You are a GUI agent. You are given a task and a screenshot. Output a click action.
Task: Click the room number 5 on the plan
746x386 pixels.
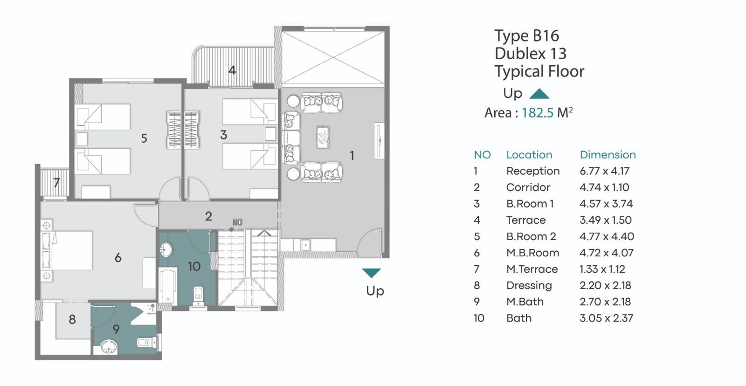coord(144,138)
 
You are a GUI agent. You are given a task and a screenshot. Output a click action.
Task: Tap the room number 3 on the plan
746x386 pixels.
coord(224,135)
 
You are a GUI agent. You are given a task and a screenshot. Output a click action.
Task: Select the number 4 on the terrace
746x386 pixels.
coord(232,70)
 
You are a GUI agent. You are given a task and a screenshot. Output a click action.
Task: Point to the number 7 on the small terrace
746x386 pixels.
coord(56,182)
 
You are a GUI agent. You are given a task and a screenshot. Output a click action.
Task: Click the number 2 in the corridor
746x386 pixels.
coord(208,216)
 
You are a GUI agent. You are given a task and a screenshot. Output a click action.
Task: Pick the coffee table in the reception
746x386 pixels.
coord(323,137)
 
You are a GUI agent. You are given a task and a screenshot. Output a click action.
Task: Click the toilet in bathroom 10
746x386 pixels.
coord(199,296)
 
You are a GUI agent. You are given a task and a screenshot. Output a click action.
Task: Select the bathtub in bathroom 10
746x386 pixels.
coord(168,286)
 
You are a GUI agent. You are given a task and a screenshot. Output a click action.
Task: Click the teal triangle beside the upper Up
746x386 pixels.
coord(539,94)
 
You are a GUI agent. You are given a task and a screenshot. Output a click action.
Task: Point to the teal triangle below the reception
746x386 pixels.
coord(371,273)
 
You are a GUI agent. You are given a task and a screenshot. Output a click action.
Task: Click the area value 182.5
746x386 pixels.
coord(537,113)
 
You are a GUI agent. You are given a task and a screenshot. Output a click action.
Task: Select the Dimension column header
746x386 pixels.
coord(608,154)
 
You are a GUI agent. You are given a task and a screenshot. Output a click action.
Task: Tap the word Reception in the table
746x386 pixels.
coord(533,171)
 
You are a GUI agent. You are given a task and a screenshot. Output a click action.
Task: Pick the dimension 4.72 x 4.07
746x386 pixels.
coord(606,253)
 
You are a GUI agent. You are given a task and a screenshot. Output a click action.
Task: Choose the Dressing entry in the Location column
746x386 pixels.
coord(529,286)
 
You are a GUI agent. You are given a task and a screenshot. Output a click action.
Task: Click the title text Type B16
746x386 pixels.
coord(526,36)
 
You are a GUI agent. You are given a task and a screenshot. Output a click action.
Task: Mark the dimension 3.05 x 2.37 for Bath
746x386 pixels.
coord(606,318)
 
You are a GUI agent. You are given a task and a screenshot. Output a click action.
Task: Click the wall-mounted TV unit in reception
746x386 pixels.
coord(379,140)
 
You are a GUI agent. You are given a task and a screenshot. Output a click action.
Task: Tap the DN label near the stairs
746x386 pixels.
coord(237,222)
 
